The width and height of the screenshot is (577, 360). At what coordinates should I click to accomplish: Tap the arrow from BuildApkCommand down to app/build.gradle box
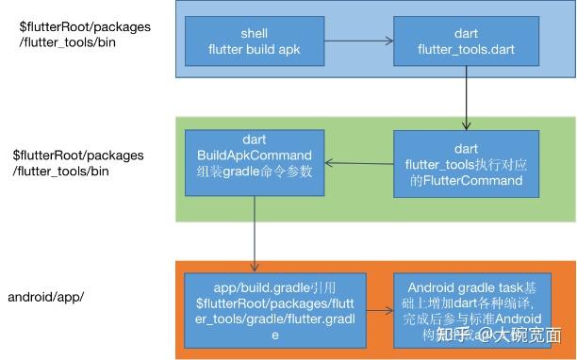tap(255, 234)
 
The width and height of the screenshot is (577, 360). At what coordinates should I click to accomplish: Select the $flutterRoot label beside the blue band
tap(84, 34)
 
